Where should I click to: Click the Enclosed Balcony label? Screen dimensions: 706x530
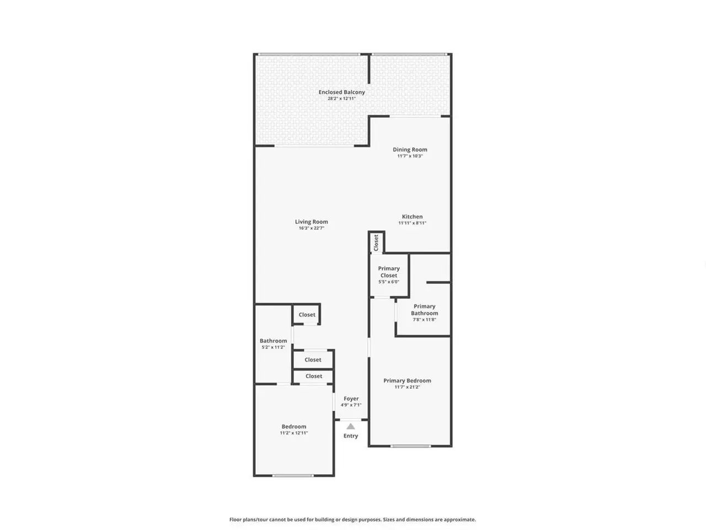click(x=341, y=92)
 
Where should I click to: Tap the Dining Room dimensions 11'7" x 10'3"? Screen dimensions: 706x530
click(x=410, y=156)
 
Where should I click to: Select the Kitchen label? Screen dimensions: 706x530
click(x=412, y=216)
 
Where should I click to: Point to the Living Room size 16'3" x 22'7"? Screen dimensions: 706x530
click(x=311, y=228)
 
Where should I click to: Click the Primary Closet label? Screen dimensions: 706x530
click(x=388, y=272)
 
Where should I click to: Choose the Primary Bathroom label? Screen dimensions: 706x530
click(x=424, y=310)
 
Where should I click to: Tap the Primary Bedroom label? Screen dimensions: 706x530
click(x=407, y=381)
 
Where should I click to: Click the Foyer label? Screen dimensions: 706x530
click(x=351, y=399)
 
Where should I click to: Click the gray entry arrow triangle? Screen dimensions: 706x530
click(x=351, y=427)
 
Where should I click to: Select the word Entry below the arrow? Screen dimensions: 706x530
click(x=351, y=436)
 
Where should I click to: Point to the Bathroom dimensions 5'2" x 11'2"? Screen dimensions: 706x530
click(x=273, y=347)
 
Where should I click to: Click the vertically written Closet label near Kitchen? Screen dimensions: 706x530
click(x=376, y=242)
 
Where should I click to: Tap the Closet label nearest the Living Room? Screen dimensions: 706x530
click(x=307, y=315)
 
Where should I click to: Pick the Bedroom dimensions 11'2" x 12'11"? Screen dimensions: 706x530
click(x=293, y=433)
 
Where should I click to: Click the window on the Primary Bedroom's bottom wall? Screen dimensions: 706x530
click(x=410, y=446)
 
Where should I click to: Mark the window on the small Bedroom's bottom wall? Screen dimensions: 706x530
click(x=293, y=475)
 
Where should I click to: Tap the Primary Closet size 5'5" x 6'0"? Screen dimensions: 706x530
click(x=388, y=282)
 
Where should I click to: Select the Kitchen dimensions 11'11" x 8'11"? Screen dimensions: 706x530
click(x=412, y=223)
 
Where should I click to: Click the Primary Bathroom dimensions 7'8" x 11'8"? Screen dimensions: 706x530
click(x=424, y=320)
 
